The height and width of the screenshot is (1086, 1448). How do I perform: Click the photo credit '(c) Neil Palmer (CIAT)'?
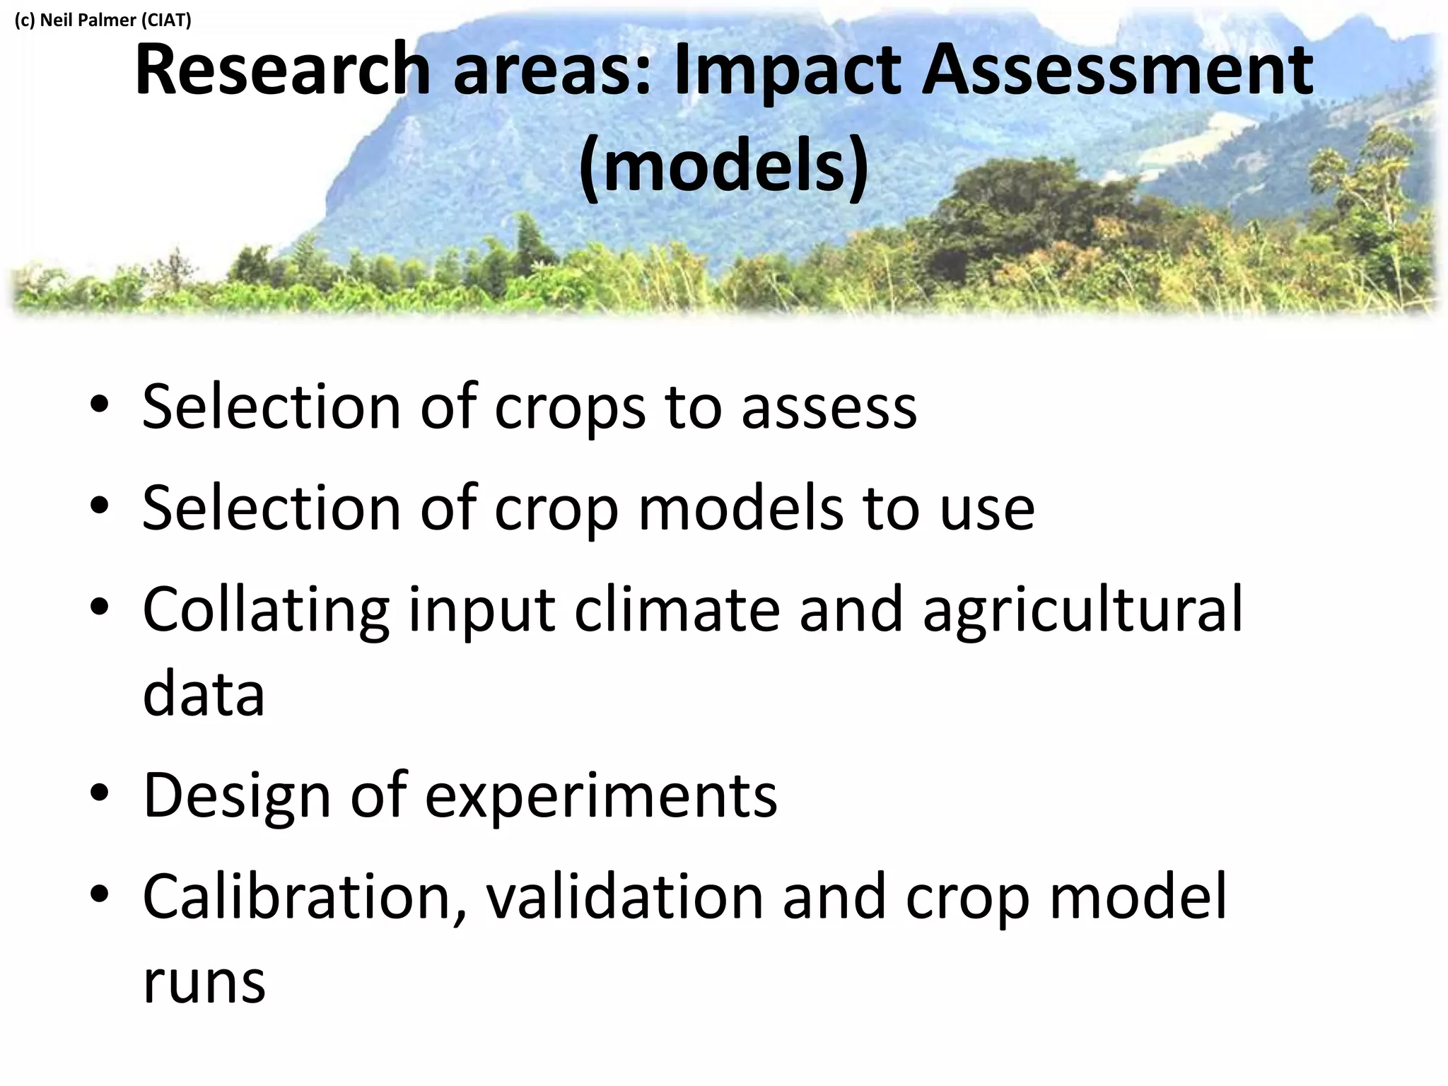103,20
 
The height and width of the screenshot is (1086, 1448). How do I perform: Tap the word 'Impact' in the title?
786,71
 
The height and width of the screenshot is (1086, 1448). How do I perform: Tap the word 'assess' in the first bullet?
829,409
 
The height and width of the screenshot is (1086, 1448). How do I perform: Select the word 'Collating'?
266,609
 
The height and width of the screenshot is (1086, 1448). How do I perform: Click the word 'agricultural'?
1082,609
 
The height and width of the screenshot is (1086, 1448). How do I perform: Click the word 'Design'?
238,795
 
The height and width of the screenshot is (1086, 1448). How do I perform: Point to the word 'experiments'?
602,797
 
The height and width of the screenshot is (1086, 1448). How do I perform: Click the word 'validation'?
625,897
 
